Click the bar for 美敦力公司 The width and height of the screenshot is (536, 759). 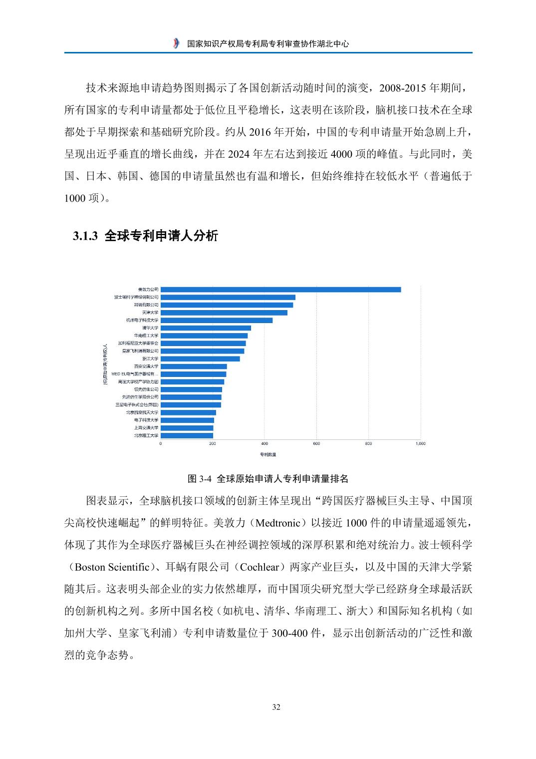pyautogui.click(x=280, y=290)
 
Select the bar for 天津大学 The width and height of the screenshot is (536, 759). pyautogui.click(x=224, y=313)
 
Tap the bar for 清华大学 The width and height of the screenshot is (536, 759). pyautogui.click(x=206, y=328)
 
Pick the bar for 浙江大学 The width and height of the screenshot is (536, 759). pyautogui.click(x=200, y=359)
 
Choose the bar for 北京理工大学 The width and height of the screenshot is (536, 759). pyautogui.click(x=187, y=435)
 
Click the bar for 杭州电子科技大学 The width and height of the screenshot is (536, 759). pyautogui.click(x=217, y=320)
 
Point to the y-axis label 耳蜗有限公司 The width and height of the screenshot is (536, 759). pyautogui.click(x=146, y=305)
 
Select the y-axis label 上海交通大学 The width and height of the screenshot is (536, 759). pyautogui.click(x=146, y=428)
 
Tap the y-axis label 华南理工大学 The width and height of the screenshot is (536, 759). pyautogui.click(x=146, y=336)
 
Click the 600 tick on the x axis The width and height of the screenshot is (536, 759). pyautogui.click(x=316, y=443)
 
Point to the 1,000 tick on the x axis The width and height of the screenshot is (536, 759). pyautogui.click(x=420, y=443)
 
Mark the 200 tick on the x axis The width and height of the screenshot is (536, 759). pyautogui.click(x=213, y=443)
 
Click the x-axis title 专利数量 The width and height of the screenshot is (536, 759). pyautogui.click(x=268, y=454)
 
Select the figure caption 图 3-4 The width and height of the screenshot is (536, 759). pyautogui.click(x=200, y=479)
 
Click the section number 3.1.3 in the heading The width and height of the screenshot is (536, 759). pyautogui.click(x=87, y=237)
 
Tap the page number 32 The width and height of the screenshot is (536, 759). pyautogui.click(x=276, y=707)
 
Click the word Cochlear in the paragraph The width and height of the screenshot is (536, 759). pyautogui.click(x=258, y=567)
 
